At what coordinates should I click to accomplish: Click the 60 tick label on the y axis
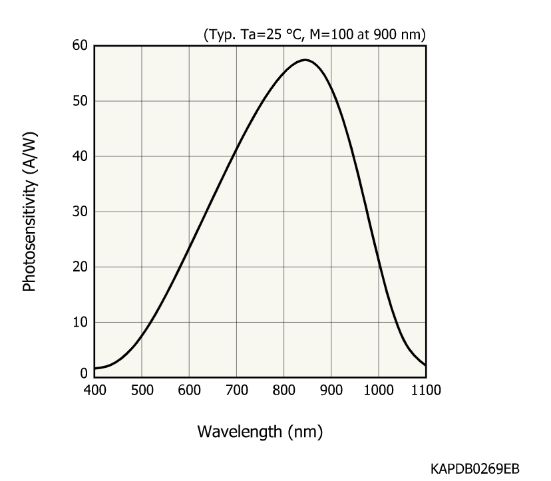[x=81, y=46]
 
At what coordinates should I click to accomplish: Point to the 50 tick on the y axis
[x=81, y=101]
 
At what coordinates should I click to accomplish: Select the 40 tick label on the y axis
[x=81, y=156]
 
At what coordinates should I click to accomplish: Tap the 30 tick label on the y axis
[x=81, y=212]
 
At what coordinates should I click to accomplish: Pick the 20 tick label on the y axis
[x=81, y=267]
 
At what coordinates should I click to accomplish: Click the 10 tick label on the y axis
[x=81, y=322]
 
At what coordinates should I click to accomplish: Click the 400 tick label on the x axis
[x=94, y=390]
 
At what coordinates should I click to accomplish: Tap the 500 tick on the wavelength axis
[x=142, y=390]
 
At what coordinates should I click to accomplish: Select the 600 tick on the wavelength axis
[x=189, y=390]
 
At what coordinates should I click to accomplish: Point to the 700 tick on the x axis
[x=236, y=390]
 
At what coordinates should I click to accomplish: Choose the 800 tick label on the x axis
[x=284, y=390]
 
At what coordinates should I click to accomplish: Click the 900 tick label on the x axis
[x=331, y=390]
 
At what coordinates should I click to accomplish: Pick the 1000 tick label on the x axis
[x=379, y=390]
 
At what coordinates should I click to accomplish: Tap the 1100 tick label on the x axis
[x=426, y=390]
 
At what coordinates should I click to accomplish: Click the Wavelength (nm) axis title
[x=260, y=432]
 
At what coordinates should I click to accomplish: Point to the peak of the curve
[x=305, y=60]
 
